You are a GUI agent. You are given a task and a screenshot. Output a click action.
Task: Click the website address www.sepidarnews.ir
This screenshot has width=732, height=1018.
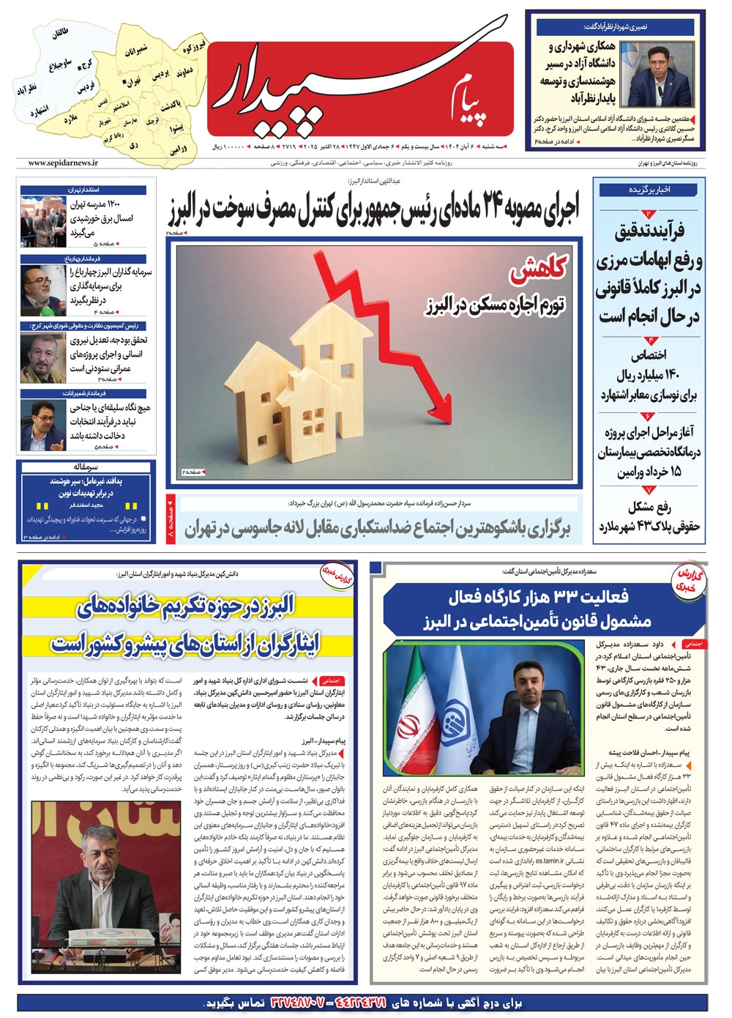pos(64,163)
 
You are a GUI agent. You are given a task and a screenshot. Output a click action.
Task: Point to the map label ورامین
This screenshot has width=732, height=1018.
pos(179,149)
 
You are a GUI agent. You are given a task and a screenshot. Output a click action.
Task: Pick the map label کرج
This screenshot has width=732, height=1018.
pos(87,64)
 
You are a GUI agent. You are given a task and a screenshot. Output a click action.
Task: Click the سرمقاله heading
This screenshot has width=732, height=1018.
pos(86,467)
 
